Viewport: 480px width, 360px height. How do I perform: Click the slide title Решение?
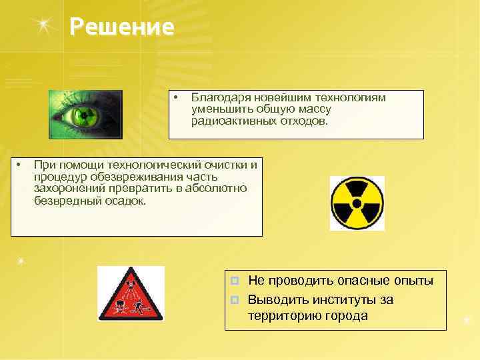click(122, 27)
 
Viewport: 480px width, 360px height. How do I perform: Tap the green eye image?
click(85, 114)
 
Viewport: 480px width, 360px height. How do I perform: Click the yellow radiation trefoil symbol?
click(357, 203)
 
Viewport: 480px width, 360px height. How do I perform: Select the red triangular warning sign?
click(130, 294)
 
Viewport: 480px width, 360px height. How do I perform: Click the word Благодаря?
click(221, 98)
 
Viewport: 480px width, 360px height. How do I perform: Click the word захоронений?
click(68, 188)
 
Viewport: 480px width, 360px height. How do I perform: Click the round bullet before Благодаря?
click(175, 98)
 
